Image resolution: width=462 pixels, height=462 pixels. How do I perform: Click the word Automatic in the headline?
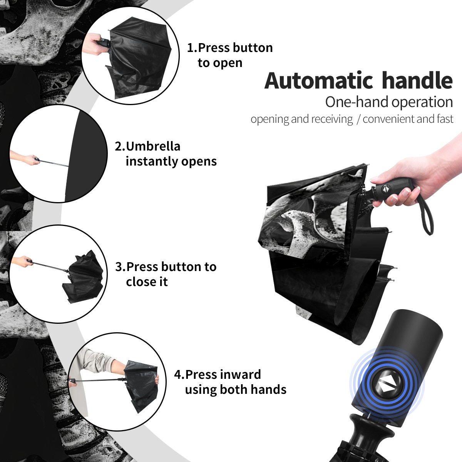click(319, 81)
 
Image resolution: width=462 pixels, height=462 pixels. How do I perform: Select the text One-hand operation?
click(389, 102)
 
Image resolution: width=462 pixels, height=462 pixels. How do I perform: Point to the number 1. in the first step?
click(192, 48)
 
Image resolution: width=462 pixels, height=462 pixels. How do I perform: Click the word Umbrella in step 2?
click(153, 146)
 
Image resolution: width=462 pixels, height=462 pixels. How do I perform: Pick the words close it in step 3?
click(147, 281)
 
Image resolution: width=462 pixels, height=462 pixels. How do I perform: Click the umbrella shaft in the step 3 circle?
click(50, 266)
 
